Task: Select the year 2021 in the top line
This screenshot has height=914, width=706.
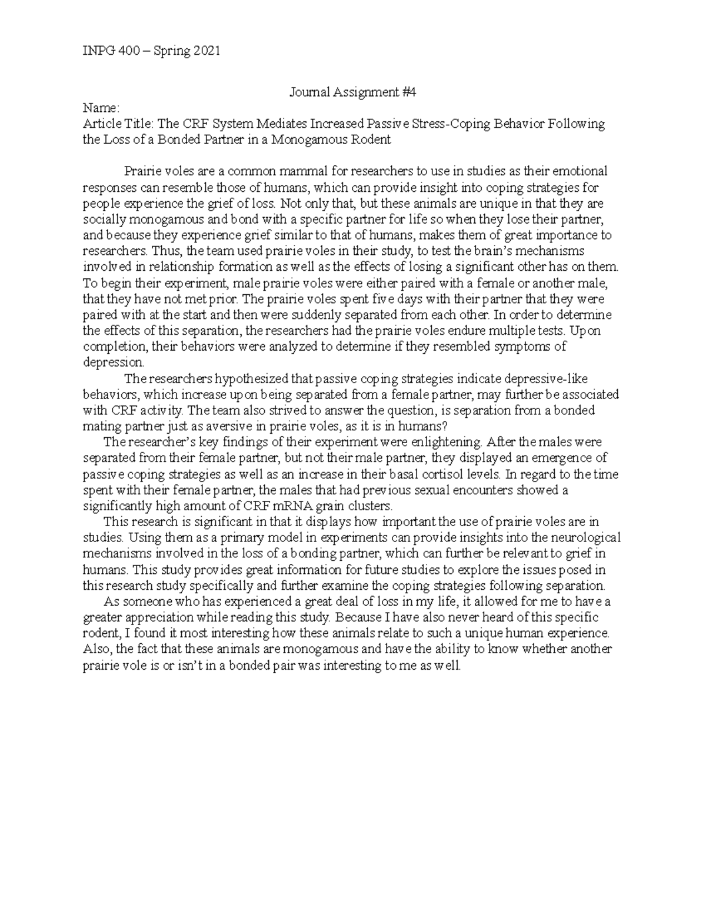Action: pos(206,51)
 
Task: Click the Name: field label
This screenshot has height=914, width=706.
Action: pos(102,108)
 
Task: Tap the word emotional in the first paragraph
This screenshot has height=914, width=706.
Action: pos(582,172)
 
